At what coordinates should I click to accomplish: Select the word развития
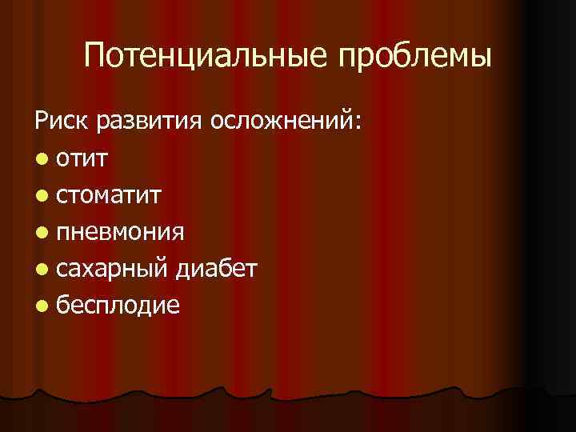(x=150, y=122)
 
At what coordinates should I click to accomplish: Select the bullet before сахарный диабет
(x=41, y=269)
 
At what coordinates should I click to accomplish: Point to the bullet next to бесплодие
(x=41, y=306)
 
